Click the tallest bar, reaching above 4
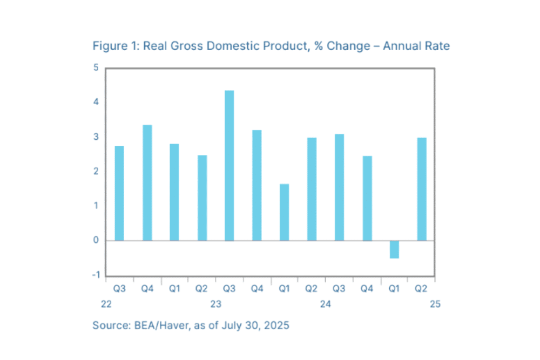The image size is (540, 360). [230, 165]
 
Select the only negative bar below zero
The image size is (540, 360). [394, 249]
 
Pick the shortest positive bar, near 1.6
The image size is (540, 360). [284, 212]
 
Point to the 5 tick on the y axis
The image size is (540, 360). [96, 68]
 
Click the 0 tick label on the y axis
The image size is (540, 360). [96, 240]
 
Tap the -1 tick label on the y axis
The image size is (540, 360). [94, 275]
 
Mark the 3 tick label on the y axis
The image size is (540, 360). [96, 137]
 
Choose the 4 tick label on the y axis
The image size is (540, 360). [96, 103]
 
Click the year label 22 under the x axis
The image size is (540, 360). [106, 304]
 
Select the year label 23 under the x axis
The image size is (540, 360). [215, 304]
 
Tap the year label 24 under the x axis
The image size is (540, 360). [325, 304]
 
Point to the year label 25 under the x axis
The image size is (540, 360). [435, 304]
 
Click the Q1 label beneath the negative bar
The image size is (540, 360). [394, 289]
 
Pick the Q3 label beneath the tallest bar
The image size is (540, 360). [229, 289]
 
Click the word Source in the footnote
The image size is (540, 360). [110, 325]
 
